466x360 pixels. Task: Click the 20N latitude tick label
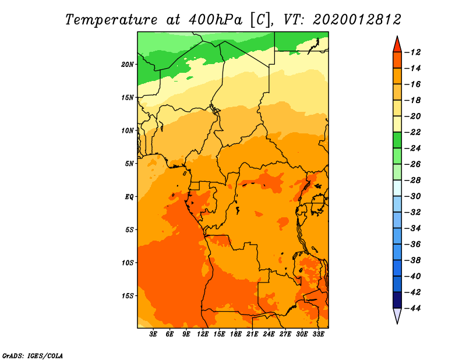click(x=128, y=64)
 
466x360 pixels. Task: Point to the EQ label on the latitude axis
click(x=129, y=196)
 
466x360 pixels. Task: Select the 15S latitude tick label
click(x=128, y=296)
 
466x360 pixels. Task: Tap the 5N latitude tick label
click(x=129, y=164)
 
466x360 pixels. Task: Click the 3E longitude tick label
click(x=153, y=334)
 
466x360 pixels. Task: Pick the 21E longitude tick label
click(x=252, y=334)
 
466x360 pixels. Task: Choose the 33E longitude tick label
click(x=318, y=334)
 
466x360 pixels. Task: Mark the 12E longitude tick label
click(x=203, y=334)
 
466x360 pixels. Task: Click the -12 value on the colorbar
click(x=413, y=52)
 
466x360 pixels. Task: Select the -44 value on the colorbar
click(x=413, y=308)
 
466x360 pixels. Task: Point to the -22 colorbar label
click(x=413, y=132)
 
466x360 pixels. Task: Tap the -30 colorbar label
click(x=413, y=196)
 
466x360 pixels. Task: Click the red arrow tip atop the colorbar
click(x=397, y=37)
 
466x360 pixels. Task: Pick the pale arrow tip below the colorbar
click(x=397, y=323)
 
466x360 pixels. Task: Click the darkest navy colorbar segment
click(x=397, y=300)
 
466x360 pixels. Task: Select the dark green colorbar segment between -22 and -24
click(x=397, y=140)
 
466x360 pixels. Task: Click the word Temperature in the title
click(x=111, y=20)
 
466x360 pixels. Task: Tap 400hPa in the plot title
click(x=216, y=20)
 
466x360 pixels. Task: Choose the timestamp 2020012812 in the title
click(x=356, y=20)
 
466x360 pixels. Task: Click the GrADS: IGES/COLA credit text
click(x=33, y=355)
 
